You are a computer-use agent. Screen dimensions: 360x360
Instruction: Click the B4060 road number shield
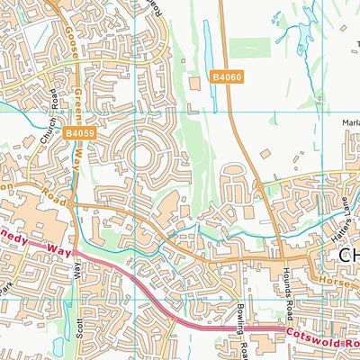click(228, 78)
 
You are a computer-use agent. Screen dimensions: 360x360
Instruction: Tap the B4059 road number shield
click(79, 133)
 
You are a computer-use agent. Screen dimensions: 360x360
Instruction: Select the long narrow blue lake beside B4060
click(210, 47)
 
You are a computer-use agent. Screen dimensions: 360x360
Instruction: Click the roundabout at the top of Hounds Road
click(258, 188)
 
